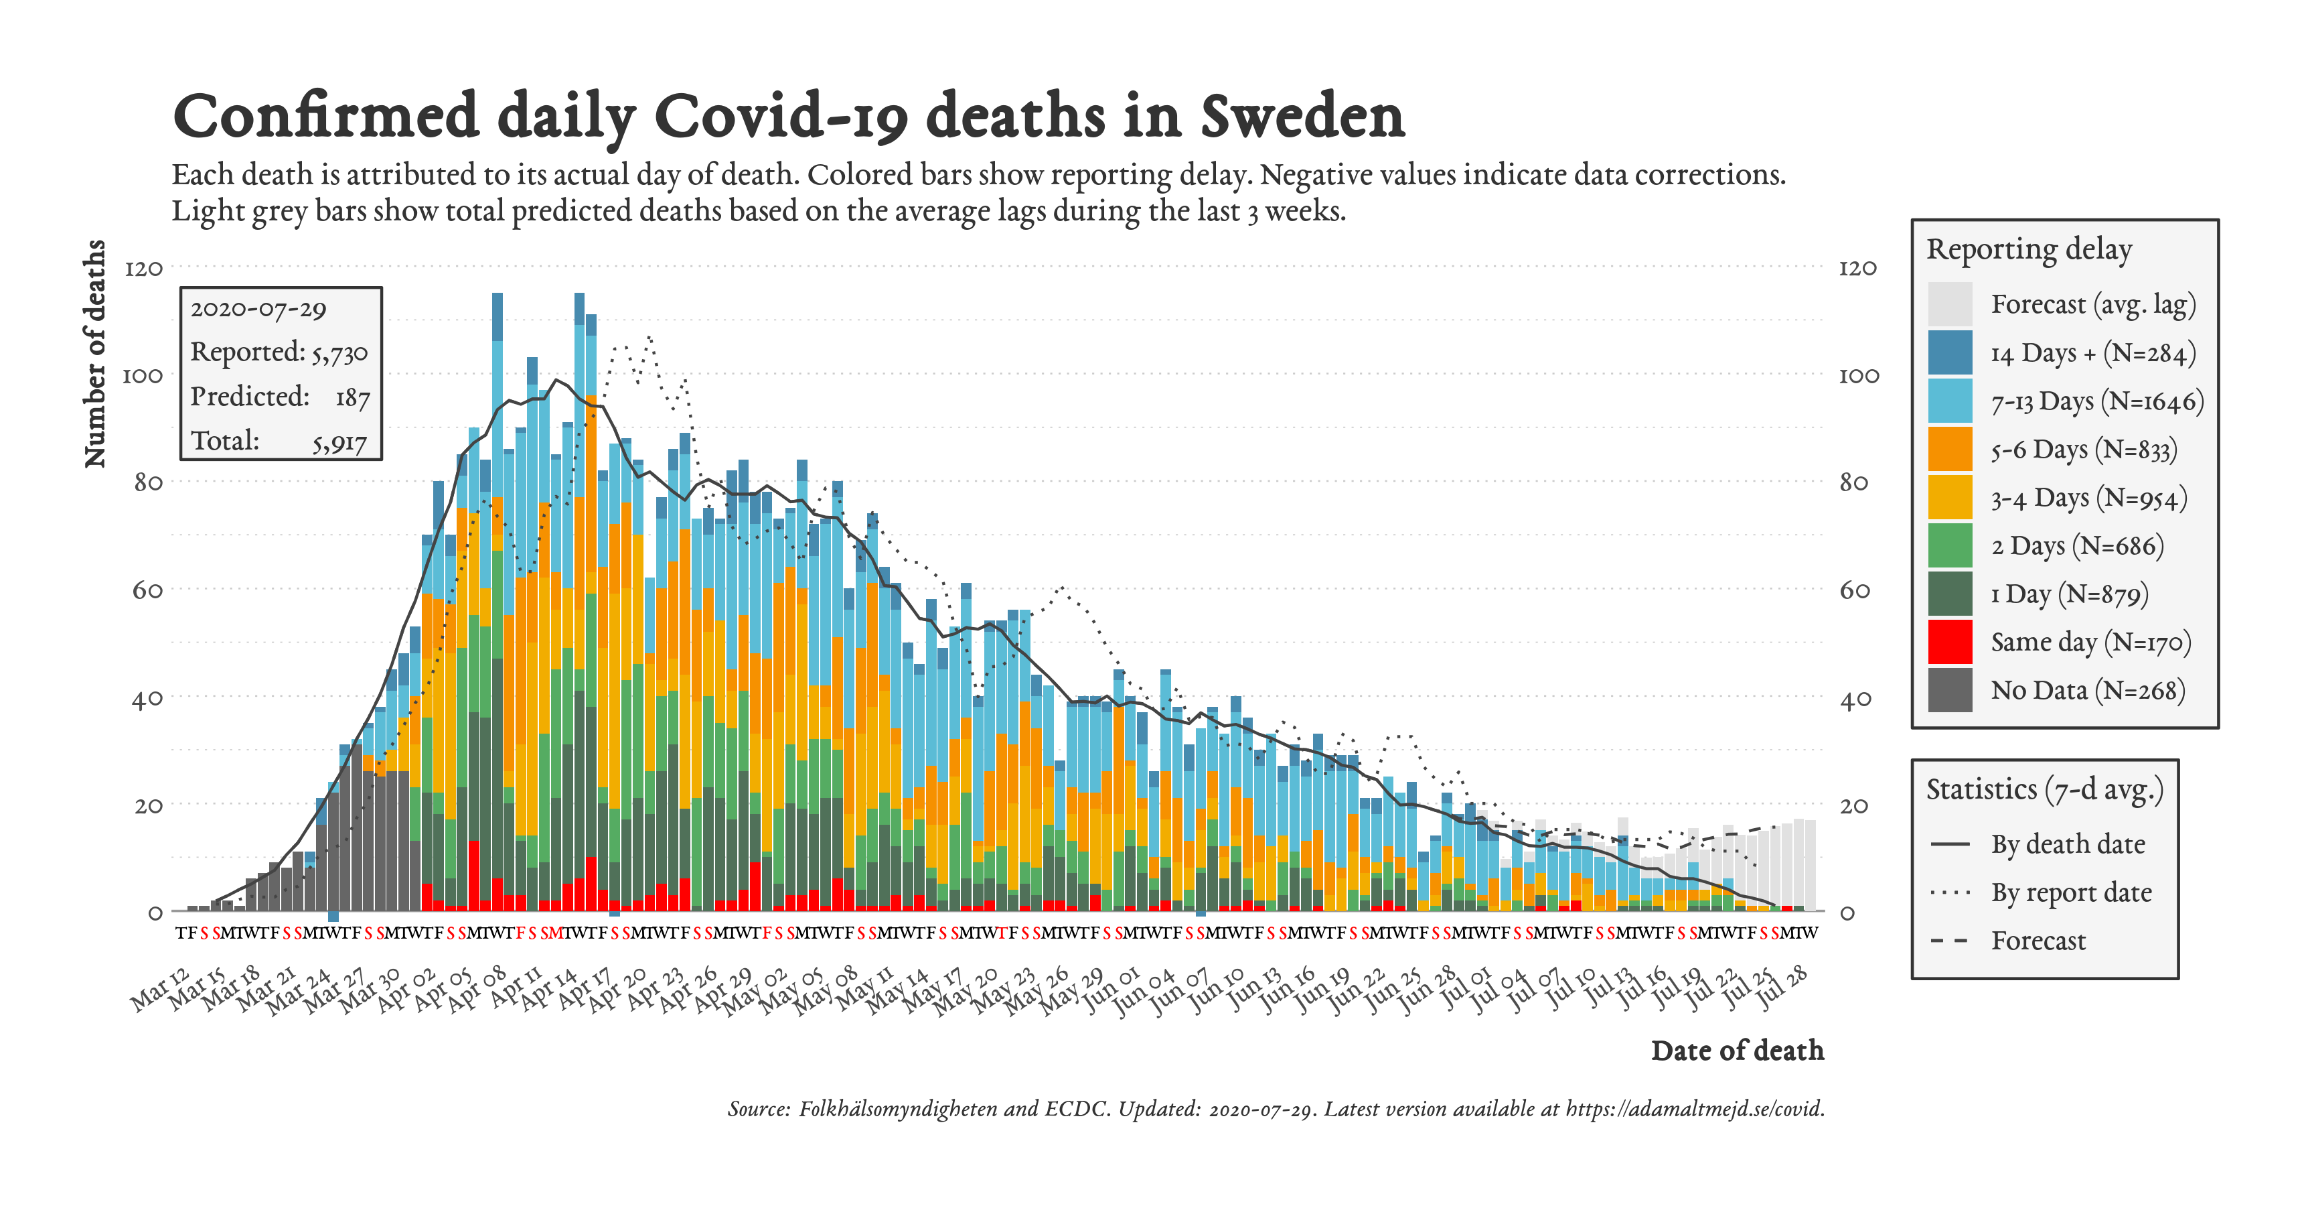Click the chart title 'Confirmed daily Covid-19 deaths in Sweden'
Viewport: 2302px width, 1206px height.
(788, 117)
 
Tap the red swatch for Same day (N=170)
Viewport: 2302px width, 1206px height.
(1950, 642)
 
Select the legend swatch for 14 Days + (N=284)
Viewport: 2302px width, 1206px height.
(1950, 352)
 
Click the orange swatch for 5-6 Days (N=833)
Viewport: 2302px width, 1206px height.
(1950, 449)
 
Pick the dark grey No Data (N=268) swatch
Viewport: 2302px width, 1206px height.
(1950, 690)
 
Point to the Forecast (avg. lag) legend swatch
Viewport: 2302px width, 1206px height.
(1950, 304)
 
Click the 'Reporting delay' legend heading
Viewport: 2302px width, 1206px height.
(2029, 249)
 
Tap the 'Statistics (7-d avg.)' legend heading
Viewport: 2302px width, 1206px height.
(2044, 789)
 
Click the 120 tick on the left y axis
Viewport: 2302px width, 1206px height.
(144, 268)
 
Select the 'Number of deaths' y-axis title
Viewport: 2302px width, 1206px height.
(94, 353)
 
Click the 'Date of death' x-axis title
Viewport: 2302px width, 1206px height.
(1736, 1051)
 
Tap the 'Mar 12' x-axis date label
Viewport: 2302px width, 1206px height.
(161, 990)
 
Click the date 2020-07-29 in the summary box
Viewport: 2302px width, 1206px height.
(258, 310)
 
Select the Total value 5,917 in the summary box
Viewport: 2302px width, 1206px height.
(339, 442)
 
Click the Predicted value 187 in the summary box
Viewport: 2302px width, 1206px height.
(352, 398)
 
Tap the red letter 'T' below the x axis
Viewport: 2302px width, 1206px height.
(1002, 933)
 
